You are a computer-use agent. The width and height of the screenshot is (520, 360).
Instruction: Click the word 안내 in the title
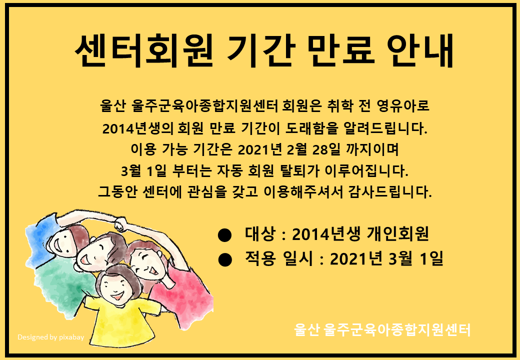[420, 50]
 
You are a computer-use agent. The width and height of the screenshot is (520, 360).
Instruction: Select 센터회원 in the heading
[144, 50]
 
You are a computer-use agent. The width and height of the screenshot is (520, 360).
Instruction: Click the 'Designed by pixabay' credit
[50, 337]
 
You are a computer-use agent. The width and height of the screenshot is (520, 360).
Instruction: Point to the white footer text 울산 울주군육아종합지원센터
[382, 330]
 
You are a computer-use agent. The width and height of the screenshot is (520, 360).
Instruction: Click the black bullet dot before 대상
[225, 235]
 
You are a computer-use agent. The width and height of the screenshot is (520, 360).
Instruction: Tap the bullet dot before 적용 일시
[225, 259]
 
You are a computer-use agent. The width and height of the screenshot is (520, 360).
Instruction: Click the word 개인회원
[398, 234]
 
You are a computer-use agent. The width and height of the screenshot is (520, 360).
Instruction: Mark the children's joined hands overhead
[120, 224]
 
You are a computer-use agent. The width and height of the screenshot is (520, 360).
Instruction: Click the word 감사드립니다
[390, 192]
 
